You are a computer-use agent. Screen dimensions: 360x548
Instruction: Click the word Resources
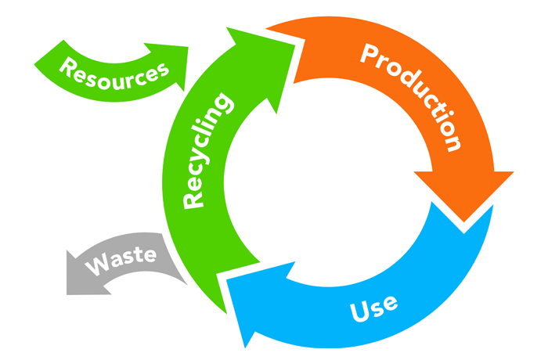click(x=114, y=72)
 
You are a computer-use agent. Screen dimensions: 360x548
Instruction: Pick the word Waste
click(x=121, y=261)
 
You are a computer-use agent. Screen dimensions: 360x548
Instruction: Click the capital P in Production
click(x=369, y=56)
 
